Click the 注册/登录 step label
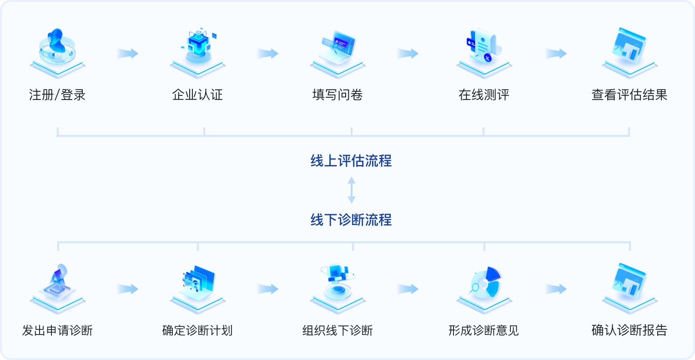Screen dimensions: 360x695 tap(57, 95)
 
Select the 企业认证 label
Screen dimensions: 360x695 tap(197, 95)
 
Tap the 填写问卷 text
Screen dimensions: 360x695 tap(337, 95)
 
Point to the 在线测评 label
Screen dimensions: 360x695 tap(484, 95)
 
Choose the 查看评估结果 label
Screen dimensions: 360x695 tap(630, 95)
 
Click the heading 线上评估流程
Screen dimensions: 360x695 tap(351, 161)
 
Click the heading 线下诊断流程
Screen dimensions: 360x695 tap(351, 220)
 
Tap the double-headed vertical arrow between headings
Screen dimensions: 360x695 tap(352, 190)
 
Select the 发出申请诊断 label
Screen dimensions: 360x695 tap(57, 330)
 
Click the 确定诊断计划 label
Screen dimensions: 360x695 tap(197, 330)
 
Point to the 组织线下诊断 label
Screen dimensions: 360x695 tap(337, 330)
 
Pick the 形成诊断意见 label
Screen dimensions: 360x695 tap(484, 330)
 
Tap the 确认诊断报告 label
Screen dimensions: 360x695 tap(630, 330)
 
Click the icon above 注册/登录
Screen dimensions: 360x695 tap(57, 50)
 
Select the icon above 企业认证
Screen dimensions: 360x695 tap(198, 50)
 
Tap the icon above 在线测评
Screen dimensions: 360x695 tap(484, 50)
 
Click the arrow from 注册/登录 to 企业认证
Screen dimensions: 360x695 tap(127, 53)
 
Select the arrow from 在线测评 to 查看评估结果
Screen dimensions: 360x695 tap(556, 53)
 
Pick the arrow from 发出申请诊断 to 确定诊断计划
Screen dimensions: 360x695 tap(127, 289)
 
